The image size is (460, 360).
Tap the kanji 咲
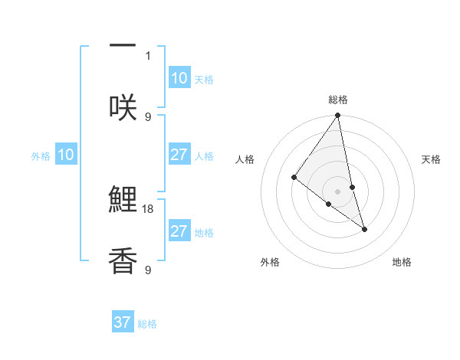click(x=123, y=108)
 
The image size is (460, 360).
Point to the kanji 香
click(x=123, y=261)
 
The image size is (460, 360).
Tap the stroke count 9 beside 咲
click(x=148, y=116)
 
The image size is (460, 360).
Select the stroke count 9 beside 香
click(x=148, y=270)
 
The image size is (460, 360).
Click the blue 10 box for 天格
click(x=179, y=78)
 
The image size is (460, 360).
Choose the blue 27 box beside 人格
click(x=179, y=155)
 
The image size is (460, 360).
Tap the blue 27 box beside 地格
click(x=179, y=231)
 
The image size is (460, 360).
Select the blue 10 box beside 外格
click(x=66, y=155)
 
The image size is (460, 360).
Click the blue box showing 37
click(x=123, y=322)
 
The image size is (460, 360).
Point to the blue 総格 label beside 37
click(x=147, y=324)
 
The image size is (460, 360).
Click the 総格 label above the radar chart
click(x=338, y=100)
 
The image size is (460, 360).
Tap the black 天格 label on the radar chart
click(x=431, y=159)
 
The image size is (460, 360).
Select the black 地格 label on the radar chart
click(x=402, y=262)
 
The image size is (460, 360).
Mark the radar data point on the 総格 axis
click(x=338, y=116)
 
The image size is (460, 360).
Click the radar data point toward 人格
click(x=294, y=178)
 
